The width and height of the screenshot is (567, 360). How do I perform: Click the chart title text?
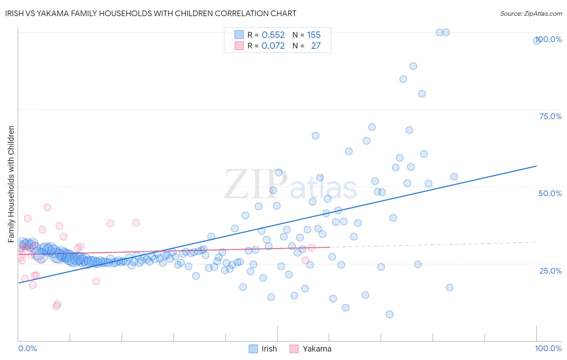coord(151,13)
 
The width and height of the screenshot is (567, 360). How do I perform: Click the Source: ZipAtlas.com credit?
coord(531,13)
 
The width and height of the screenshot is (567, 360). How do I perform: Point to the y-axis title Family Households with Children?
coord(11,184)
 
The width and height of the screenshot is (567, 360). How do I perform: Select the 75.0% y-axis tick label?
coord(550,116)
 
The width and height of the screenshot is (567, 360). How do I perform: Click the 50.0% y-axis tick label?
coord(550,193)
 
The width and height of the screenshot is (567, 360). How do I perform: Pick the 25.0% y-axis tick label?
coord(550,270)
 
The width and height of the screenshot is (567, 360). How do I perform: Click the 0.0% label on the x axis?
coord(27,348)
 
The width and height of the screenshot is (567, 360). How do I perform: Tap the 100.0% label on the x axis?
coord(548,348)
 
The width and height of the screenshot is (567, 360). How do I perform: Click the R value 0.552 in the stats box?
coord(273,35)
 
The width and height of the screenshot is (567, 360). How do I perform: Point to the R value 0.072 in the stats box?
coord(273,46)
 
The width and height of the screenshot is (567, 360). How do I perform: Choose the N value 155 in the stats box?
coord(314,35)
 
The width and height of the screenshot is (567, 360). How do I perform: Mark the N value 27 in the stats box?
coord(316,46)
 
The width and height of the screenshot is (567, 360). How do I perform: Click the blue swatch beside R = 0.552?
coord(239,35)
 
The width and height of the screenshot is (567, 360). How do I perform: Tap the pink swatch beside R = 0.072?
coord(239,46)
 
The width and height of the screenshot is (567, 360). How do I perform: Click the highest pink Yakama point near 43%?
coord(47,207)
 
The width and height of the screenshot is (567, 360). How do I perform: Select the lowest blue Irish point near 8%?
coord(389,314)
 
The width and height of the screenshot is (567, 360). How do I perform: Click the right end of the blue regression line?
coord(536,166)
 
